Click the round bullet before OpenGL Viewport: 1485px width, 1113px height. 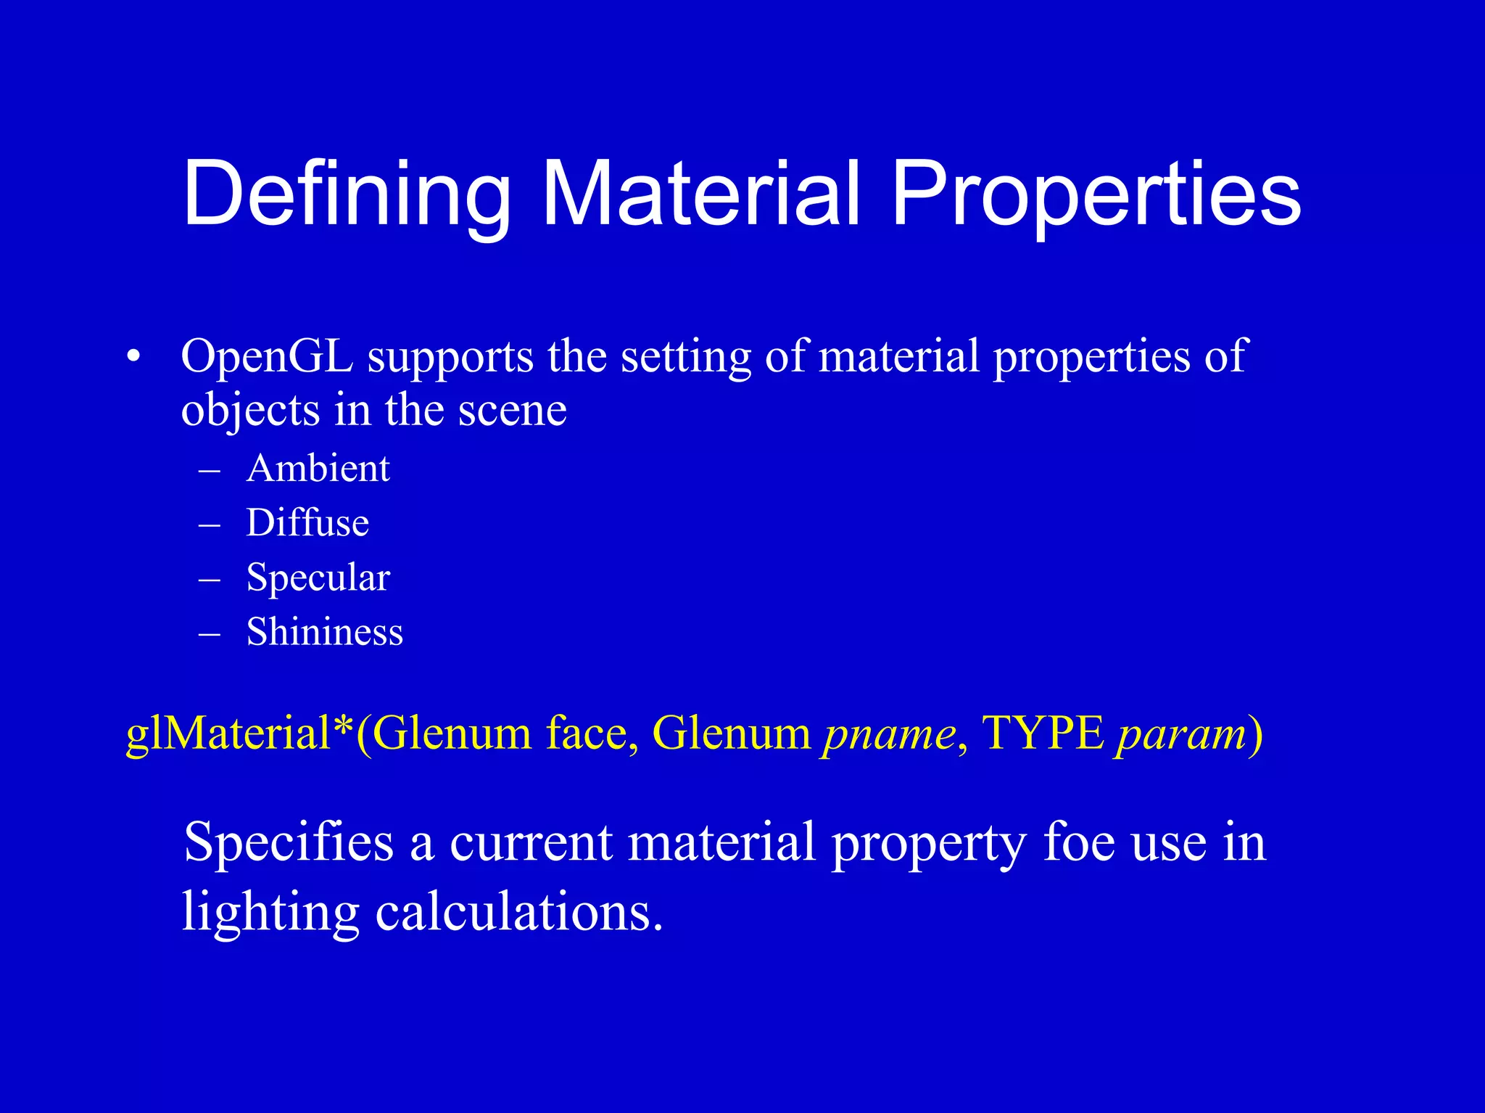pos(132,357)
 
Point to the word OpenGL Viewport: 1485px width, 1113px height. pos(267,357)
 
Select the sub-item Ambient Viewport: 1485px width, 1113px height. pos(318,468)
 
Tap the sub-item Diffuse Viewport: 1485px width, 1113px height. pos(307,522)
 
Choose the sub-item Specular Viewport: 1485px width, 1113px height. pos(318,578)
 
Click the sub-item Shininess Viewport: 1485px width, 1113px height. pos(324,631)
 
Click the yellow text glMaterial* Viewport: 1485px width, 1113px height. pos(239,734)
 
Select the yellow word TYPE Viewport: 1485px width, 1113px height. pos(1043,733)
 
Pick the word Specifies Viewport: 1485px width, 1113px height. pos(288,844)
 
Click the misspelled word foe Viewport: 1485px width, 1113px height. pos(1079,843)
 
